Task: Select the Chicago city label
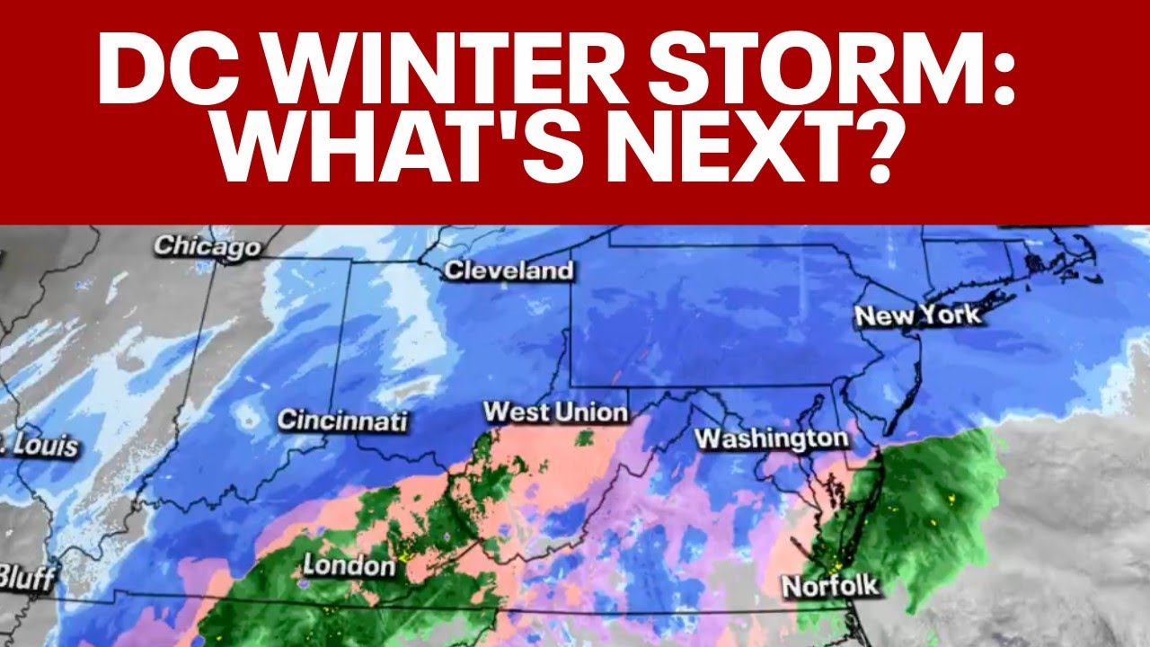coord(207,246)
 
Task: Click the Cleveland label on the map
coord(509,270)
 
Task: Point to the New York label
coord(917,316)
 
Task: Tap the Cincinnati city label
coord(341,420)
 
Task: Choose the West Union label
coord(555,412)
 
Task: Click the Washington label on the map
coord(772,439)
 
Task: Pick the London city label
coord(349,565)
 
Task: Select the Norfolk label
coord(829,587)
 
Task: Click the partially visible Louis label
coord(40,447)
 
